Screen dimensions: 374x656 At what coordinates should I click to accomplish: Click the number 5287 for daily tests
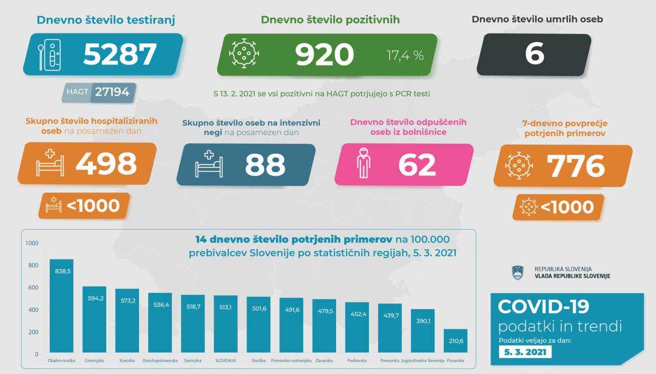tap(119, 54)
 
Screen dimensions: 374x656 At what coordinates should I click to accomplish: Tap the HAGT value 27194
tap(112, 93)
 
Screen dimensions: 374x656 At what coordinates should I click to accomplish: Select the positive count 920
tap(324, 54)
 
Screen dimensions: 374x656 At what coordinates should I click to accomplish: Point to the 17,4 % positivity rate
tap(405, 55)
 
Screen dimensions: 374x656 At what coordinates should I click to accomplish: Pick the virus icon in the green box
tap(244, 53)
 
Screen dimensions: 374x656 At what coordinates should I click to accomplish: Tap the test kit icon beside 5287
tap(50, 54)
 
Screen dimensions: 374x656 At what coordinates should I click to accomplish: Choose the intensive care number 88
tap(265, 165)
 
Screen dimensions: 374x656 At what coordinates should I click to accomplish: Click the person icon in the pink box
tap(363, 163)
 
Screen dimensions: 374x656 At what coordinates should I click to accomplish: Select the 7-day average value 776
tap(576, 165)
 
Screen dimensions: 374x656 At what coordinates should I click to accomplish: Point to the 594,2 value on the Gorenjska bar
tap(94, 298)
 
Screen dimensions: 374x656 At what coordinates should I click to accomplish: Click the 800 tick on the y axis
tap(33, 265)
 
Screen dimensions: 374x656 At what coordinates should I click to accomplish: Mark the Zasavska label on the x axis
tap(324, 361)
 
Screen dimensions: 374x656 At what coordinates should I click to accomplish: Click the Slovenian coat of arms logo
tap(518, 273)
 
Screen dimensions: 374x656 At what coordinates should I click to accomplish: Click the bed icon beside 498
tap(50, 163)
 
